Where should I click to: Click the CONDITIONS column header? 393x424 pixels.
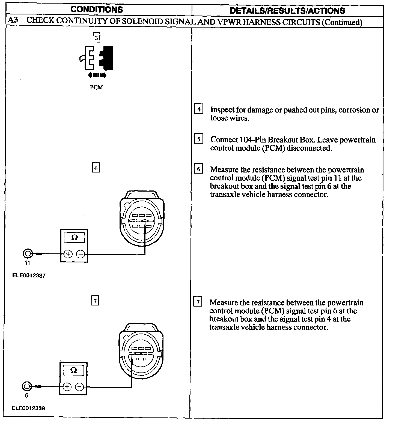click(97, 10)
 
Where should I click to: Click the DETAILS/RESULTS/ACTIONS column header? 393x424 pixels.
click(287, 11)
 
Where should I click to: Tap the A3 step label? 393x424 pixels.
click(13, 20)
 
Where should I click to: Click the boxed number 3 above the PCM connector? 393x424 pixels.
click(96, 37)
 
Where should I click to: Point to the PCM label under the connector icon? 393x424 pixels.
click(96, 87)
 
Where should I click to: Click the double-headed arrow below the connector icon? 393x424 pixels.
click(97, 75)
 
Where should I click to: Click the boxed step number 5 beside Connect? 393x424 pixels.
click(198, 139)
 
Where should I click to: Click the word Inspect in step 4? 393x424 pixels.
click(222, 110)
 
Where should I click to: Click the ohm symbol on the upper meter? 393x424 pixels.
click(74, 238)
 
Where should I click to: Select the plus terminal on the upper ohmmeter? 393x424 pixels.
click(68, 254)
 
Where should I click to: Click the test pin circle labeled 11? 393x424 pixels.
click(28, 254)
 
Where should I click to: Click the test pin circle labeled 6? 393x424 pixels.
click(26, 386)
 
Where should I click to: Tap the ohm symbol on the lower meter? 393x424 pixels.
click(73, 370)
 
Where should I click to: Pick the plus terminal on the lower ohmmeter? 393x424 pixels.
click(67, 387)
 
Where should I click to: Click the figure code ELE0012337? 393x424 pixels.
click(29, 275)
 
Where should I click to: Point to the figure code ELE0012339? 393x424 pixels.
click(28, 408)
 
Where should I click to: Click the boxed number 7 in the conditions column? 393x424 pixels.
click(95, 301)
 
